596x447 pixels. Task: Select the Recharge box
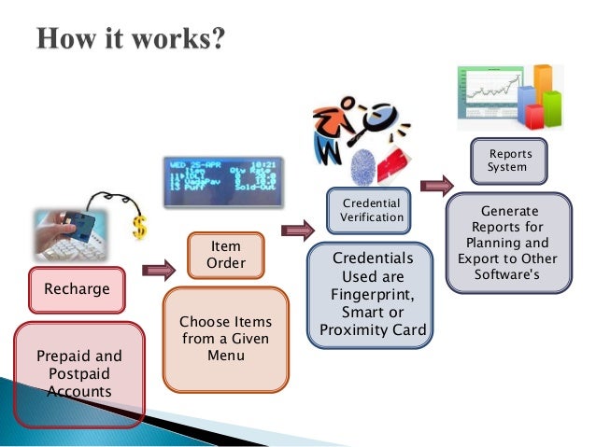[x=77, y=289]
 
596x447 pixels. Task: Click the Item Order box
[x=225, y=255]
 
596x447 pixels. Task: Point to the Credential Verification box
[x=371, y=210]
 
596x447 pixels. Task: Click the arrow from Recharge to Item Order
[x=159, y=272]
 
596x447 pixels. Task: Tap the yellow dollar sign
[x=140, y=227]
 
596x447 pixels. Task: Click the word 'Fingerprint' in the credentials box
[x=371, y=294]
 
